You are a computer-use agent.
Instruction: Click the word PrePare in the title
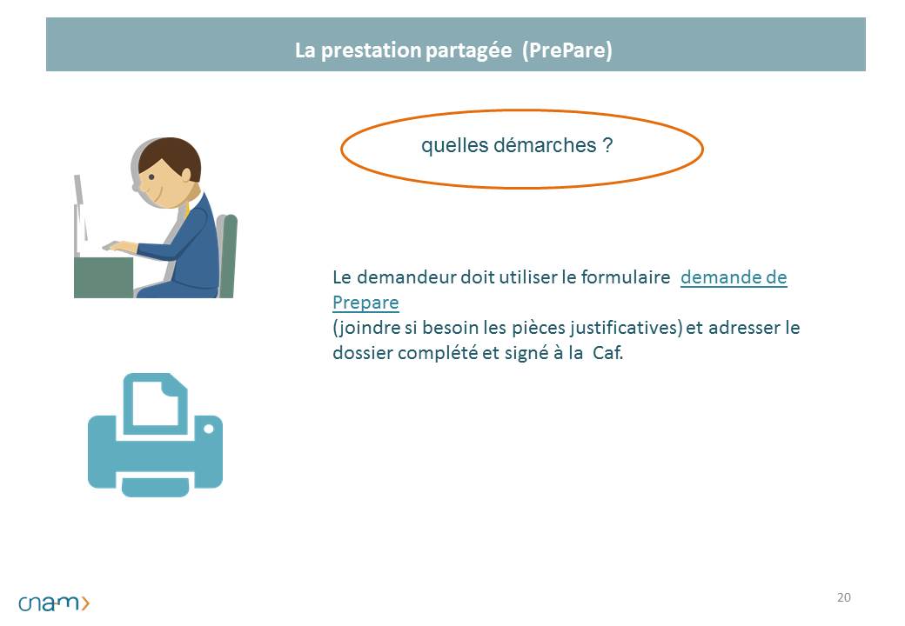click(x=567, y=50)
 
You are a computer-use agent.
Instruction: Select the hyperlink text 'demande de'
click(x=734, y=277)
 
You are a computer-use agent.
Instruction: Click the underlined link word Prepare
click(x=365, y=303)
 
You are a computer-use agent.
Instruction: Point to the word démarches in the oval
click(x=544, y=144)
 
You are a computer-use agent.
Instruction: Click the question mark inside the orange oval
click(x=607, y=144)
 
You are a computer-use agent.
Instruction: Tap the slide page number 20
click(x=844, y=597)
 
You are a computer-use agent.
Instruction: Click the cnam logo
click(x=54, y=603)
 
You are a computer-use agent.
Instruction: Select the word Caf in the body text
click(x=607, y=353)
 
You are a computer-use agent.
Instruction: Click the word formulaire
click(x=625, y=277)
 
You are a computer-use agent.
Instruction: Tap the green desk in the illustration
click(x=104, y=277)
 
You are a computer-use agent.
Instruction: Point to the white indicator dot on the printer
click(x=209, y=429)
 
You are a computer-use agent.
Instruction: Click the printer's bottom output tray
click(x=155, y=487)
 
